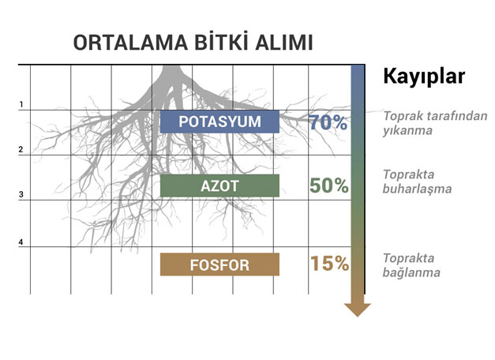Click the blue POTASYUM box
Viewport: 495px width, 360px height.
[219, 122]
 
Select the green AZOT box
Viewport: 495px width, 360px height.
[219, 186]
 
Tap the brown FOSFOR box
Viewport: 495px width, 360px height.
[219, 264]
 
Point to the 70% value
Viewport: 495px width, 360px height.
[328, 122]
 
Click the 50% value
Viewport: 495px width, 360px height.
[329, 186]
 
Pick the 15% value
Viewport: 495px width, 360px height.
[329, 264]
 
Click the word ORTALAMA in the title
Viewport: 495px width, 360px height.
[130, 43]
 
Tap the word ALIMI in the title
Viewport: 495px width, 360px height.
[283, 43]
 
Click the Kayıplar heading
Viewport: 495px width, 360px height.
[424, 77]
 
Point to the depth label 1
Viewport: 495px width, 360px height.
[21, 104]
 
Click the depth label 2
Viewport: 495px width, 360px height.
[21, 149]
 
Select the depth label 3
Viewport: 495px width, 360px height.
[21, 194]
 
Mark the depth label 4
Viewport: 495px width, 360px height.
[21, 242]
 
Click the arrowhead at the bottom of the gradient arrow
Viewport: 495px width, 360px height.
[358, 309]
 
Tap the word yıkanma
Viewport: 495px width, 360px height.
[407, 130]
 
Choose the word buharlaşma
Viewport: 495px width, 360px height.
[417, 189]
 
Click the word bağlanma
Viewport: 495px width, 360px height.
[411, 272]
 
